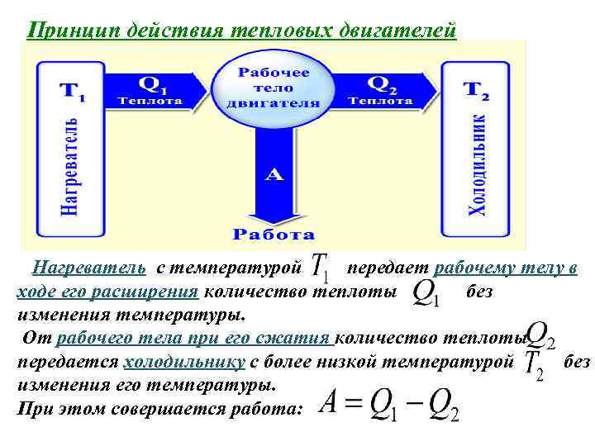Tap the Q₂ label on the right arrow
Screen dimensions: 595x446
click(381, 84)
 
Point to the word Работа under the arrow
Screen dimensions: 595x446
click(273, 234)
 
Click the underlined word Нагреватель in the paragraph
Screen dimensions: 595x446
click(88, 268)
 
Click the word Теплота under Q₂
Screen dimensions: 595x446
click(380, 102)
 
